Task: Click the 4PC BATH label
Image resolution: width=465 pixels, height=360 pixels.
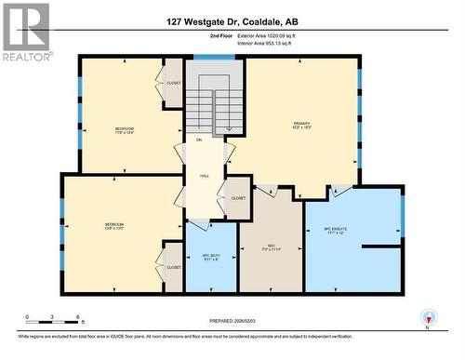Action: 211,256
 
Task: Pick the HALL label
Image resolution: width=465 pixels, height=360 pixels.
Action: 204,175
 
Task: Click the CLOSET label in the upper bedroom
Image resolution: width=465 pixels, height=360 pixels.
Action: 174,83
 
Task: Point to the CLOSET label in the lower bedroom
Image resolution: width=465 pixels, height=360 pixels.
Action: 174,267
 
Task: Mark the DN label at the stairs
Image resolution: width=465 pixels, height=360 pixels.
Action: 197,140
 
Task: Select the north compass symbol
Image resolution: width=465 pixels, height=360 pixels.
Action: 429,317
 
